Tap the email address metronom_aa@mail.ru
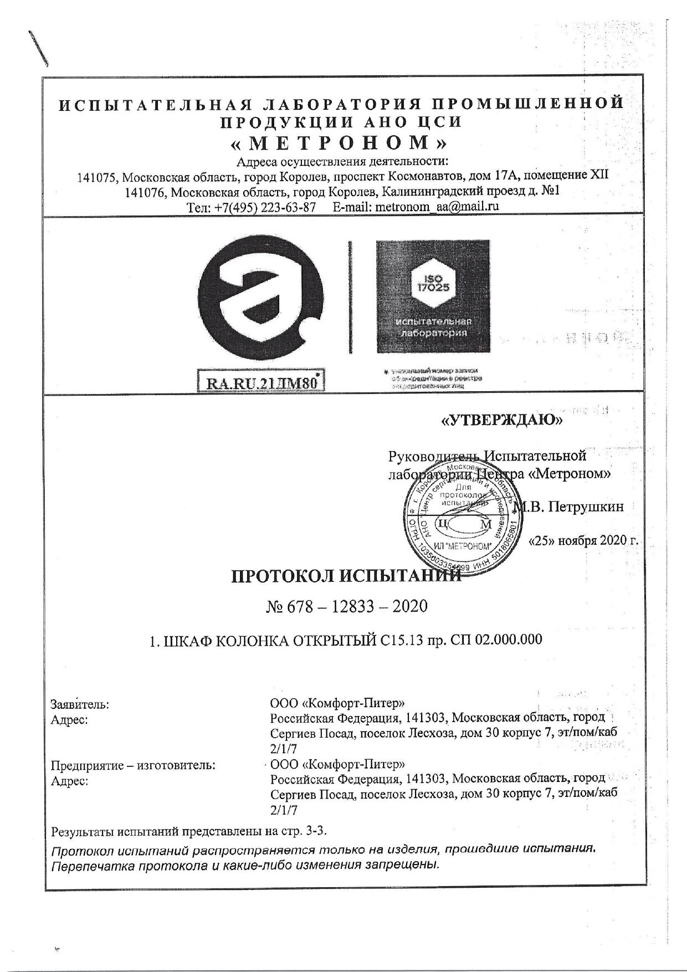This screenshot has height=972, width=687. (x=438, y=206)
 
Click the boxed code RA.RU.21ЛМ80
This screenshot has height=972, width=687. (x=260, y=383)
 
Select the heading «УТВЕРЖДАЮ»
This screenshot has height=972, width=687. (x=501, y=421)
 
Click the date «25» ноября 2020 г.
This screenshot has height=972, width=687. (x=585, y=540)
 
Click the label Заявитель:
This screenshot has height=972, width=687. (x=80, y=705)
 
